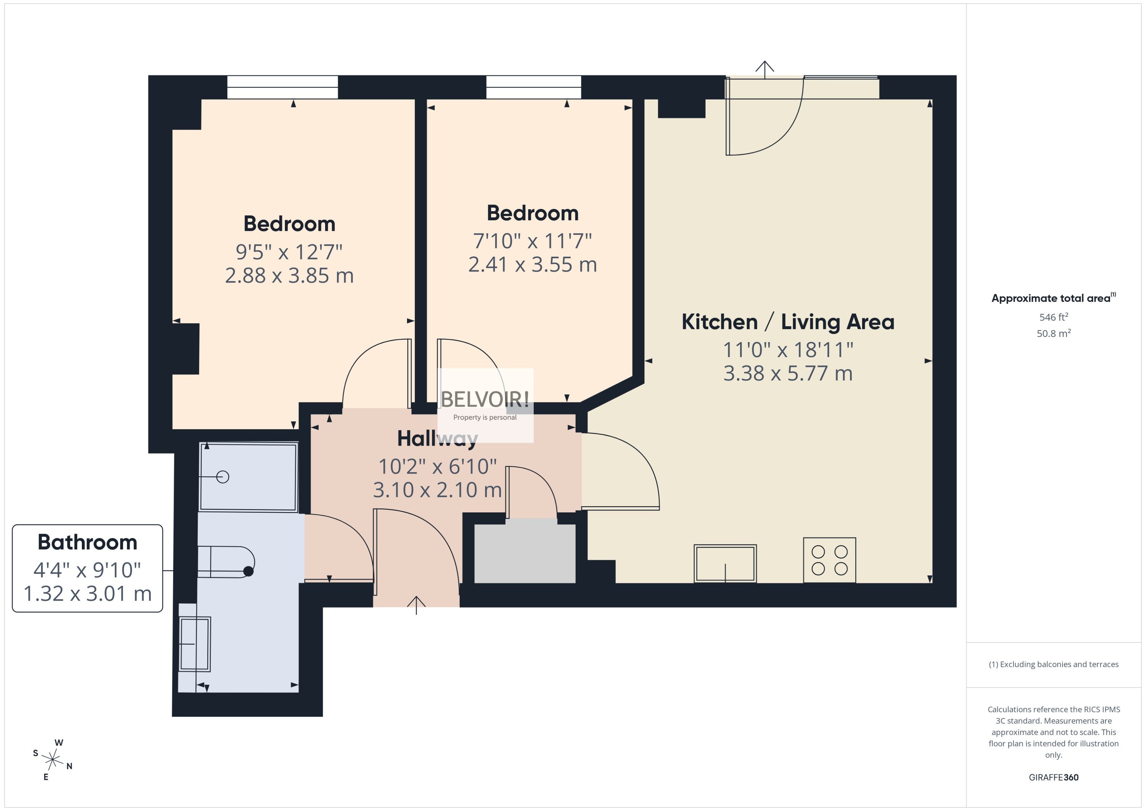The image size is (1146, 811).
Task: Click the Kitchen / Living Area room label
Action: click(x=788, y=322)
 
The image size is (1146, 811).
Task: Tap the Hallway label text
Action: click(x=437, y=438)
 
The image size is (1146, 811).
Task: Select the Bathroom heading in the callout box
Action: click(x=87, y=542)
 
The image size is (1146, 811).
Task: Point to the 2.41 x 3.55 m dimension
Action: click(x=532, y=265)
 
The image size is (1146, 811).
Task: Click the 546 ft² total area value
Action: click(x=1054, y=317)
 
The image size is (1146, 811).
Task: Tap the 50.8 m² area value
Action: click(x=1054, y=333)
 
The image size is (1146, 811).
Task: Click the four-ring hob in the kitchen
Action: click(x=829, y=560)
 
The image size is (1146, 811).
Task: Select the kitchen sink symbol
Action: click(x=725, y=563)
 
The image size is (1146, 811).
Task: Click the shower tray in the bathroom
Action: click(x=248, y=477)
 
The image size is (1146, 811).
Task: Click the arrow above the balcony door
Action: click(x=765, y=70)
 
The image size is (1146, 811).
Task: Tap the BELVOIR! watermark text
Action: click(x=485, y=399)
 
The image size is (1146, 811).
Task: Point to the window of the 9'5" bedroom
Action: click(x=283, y=87)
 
